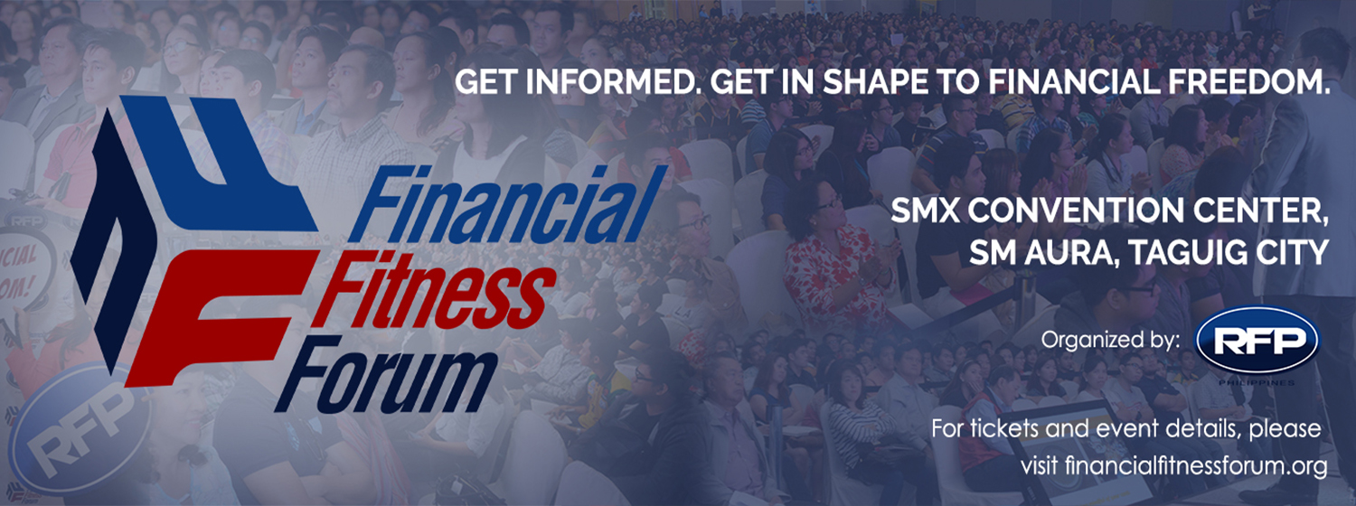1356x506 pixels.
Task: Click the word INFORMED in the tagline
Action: (611, 83)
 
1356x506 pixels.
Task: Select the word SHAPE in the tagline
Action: (876, 83)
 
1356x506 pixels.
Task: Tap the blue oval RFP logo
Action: (1257, 340)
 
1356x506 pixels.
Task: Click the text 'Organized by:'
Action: (1110, 341)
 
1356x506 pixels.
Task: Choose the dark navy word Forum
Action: (385, 373)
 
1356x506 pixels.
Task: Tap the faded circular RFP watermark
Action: (79, 424)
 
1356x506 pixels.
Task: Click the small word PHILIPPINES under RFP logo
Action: (1257, 382)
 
